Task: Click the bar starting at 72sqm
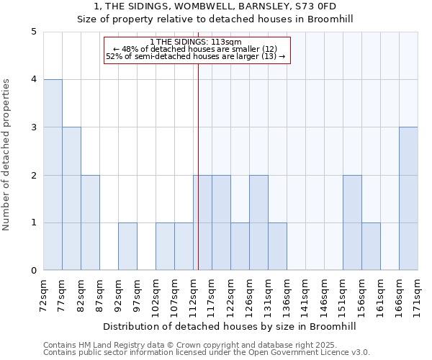pos(53,175)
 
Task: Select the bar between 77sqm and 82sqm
pos(71,199)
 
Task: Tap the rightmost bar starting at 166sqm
pos(408,199)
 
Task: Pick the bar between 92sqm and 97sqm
pos(127,246)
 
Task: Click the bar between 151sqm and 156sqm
pos(352,222)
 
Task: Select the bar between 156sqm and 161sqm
pos(371,246)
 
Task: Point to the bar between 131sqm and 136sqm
pos(277,246)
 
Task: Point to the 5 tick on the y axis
pos(34,32)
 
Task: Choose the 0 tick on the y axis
pos(34,271)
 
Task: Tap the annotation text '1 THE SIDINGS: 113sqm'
pos(196,42)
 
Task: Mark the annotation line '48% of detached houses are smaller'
pos(196,48)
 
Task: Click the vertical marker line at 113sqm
pos(198,166)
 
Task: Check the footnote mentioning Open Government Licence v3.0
pos(207,353)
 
